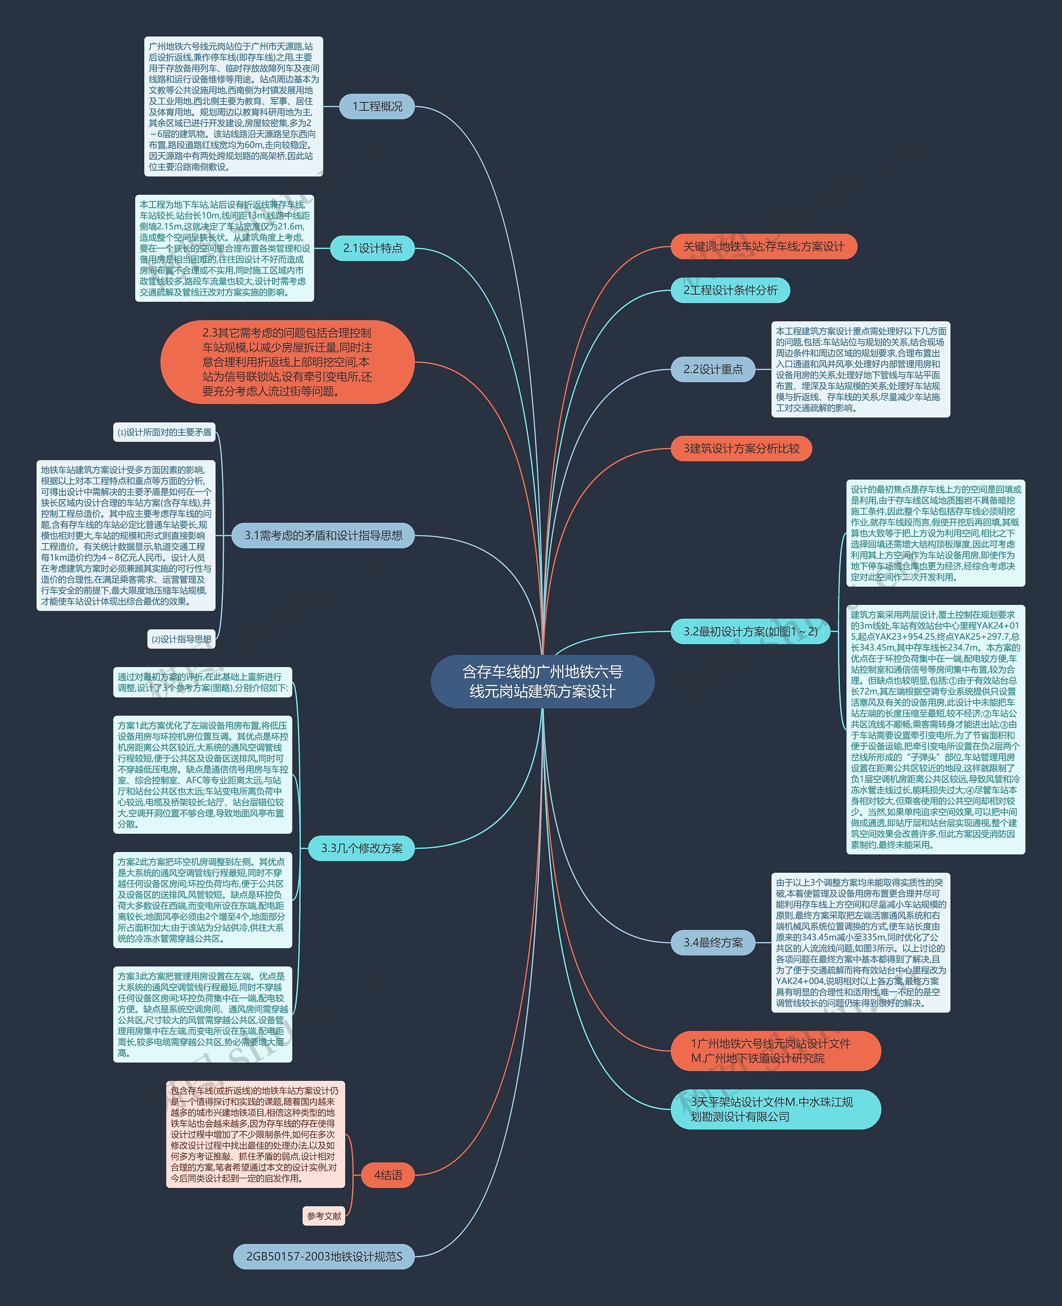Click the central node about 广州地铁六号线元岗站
pyautogui.click(x=542, y=681)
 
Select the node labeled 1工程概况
pyautogui.click(x=377, y=107)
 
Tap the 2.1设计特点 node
pyautogui.click(x=373, y=248)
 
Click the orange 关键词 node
pyautogui.click(x=763, y=246)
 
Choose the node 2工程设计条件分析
pyautogui.click(x=731, y=290)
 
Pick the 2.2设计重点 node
pyautogui.click(x=713, y=369)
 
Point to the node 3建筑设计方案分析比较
pyautogui.click(x=741, y=448)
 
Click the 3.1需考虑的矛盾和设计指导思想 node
pyautogui.click(x=323, y=536)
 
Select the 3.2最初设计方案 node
pyautogui.click(x=750, y=631)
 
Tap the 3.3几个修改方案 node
pyautogui.click(x=362, y=848)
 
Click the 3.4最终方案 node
pyautogui.click(x=713, y=942)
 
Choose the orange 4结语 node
pyautogui.click(x=388, y=1175)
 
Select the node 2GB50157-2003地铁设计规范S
pyautogui.click(x=324, y=1257)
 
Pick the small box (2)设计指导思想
pyautogui.click(x=182, y=639)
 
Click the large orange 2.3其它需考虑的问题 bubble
pyautogui.click(x=287, y=362)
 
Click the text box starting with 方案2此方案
pyautogui.click(x=202, y=899)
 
